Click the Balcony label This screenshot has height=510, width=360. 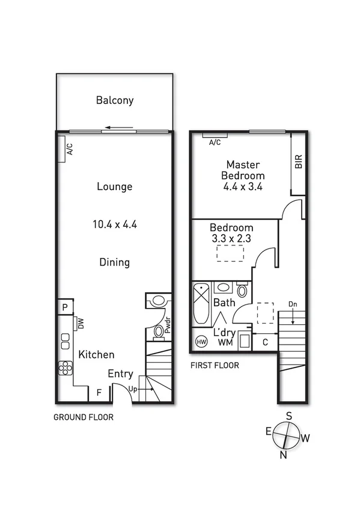tap(114, 100)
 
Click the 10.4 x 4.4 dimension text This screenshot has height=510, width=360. tap(114, 224)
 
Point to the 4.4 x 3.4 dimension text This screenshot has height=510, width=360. tap(243, 186)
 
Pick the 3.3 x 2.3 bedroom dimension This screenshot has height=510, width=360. tap(231, 239)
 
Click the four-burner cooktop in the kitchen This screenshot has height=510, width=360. tap(65, 367)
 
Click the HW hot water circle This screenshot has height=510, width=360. tap(201, 342)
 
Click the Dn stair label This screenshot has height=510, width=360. tap(293, 303)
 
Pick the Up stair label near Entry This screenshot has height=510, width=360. tap(134, 389)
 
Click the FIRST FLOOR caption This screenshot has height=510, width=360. tap(215, 365)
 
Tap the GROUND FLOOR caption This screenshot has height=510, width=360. tap(84, 417)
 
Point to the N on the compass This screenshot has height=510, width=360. tap(281, 455)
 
